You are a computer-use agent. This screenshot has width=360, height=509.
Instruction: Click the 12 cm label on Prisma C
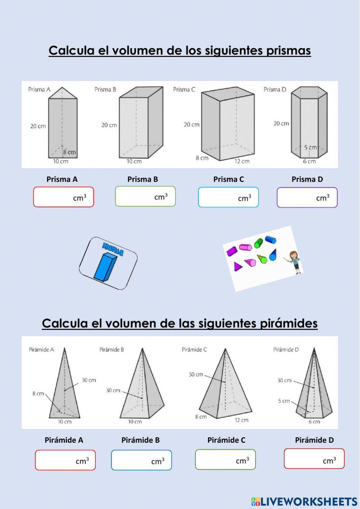click(242, 161)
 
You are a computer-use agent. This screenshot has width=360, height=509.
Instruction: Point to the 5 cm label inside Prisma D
click(310, 147)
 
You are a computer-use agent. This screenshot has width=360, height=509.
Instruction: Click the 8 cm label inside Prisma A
click(69, 152)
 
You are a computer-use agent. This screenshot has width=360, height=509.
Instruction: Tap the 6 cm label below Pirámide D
click(314, 421)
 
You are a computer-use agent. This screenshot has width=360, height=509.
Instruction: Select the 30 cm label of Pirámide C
click(196, 375)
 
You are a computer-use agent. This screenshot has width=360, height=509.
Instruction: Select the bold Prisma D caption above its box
click(307, 179)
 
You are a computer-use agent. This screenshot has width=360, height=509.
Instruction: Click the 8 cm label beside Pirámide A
click(38, 394)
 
